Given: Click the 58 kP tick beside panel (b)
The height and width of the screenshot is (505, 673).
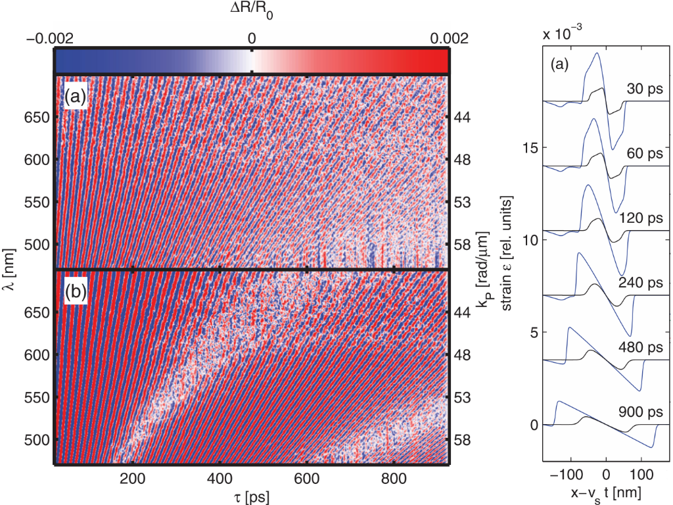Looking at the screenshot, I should click(460, 439).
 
